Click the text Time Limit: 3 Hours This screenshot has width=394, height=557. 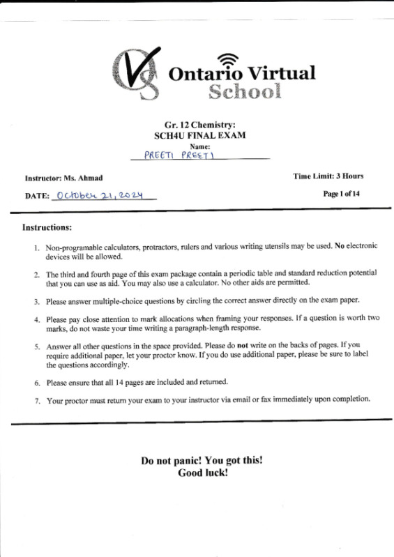[328, 176]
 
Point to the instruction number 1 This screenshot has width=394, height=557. [36, 248]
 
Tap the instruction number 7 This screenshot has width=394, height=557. [36, 400]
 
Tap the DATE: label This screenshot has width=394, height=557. [38, 197]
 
